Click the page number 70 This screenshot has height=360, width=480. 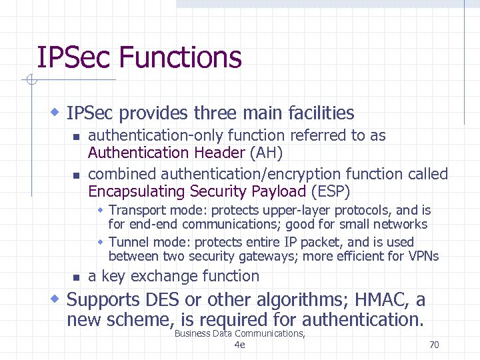click(x=434, y=345)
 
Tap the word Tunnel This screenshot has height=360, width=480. click(x=128, y=242)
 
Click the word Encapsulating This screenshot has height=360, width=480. click(x=137, y=192)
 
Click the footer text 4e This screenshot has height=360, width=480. click(x=240, y=345)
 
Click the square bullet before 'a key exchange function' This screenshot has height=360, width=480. click(x=75, y=277)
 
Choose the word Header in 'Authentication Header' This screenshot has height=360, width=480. click(x=219, y=153)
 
